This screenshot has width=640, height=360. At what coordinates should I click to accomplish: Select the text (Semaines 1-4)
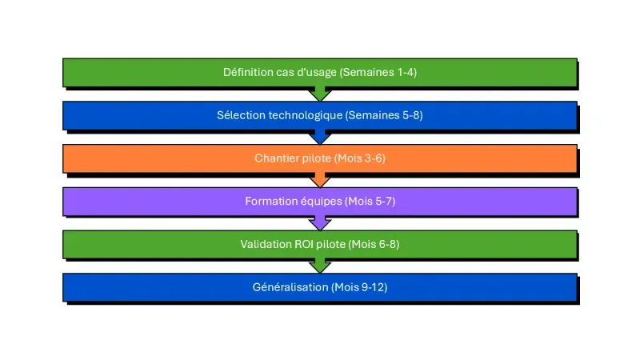[x=378, y=72]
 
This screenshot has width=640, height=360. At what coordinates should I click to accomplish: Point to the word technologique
[x=303, y=115]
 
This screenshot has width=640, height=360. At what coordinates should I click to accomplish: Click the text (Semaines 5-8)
[x=384, y=115]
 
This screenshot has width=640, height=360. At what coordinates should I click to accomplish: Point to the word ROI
[x=306, y=245]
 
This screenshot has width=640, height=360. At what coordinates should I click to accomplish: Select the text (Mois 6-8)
[x=374, y=245]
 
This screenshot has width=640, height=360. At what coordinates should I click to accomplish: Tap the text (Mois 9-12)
[x=359, y=288]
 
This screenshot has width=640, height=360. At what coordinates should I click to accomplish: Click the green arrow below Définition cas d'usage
[x=320, y=94]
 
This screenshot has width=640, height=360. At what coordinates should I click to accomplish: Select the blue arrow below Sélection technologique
[x=320, y=137]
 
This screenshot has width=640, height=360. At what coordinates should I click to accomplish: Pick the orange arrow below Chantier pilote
[x=320, y=180]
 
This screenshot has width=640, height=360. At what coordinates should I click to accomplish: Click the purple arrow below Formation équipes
[x=320, y=223]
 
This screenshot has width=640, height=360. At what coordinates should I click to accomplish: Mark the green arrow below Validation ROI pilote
[x=320, y=266]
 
